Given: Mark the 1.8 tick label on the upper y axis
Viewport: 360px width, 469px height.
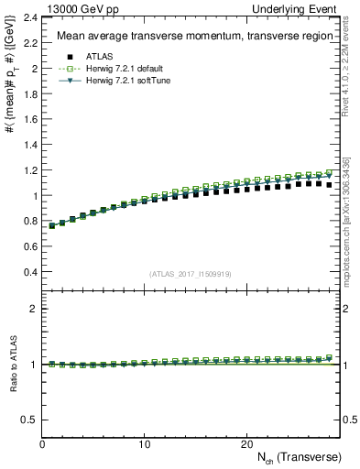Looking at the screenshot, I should (x=29, y=94).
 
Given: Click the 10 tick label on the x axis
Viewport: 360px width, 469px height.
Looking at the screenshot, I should (x=144, y=444).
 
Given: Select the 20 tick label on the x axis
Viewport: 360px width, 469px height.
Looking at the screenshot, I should (x=245, y=444).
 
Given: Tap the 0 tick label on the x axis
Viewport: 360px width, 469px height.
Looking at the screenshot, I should (x=42, y=444).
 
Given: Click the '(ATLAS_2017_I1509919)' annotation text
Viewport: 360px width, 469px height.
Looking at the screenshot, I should (x=190, y=274).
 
